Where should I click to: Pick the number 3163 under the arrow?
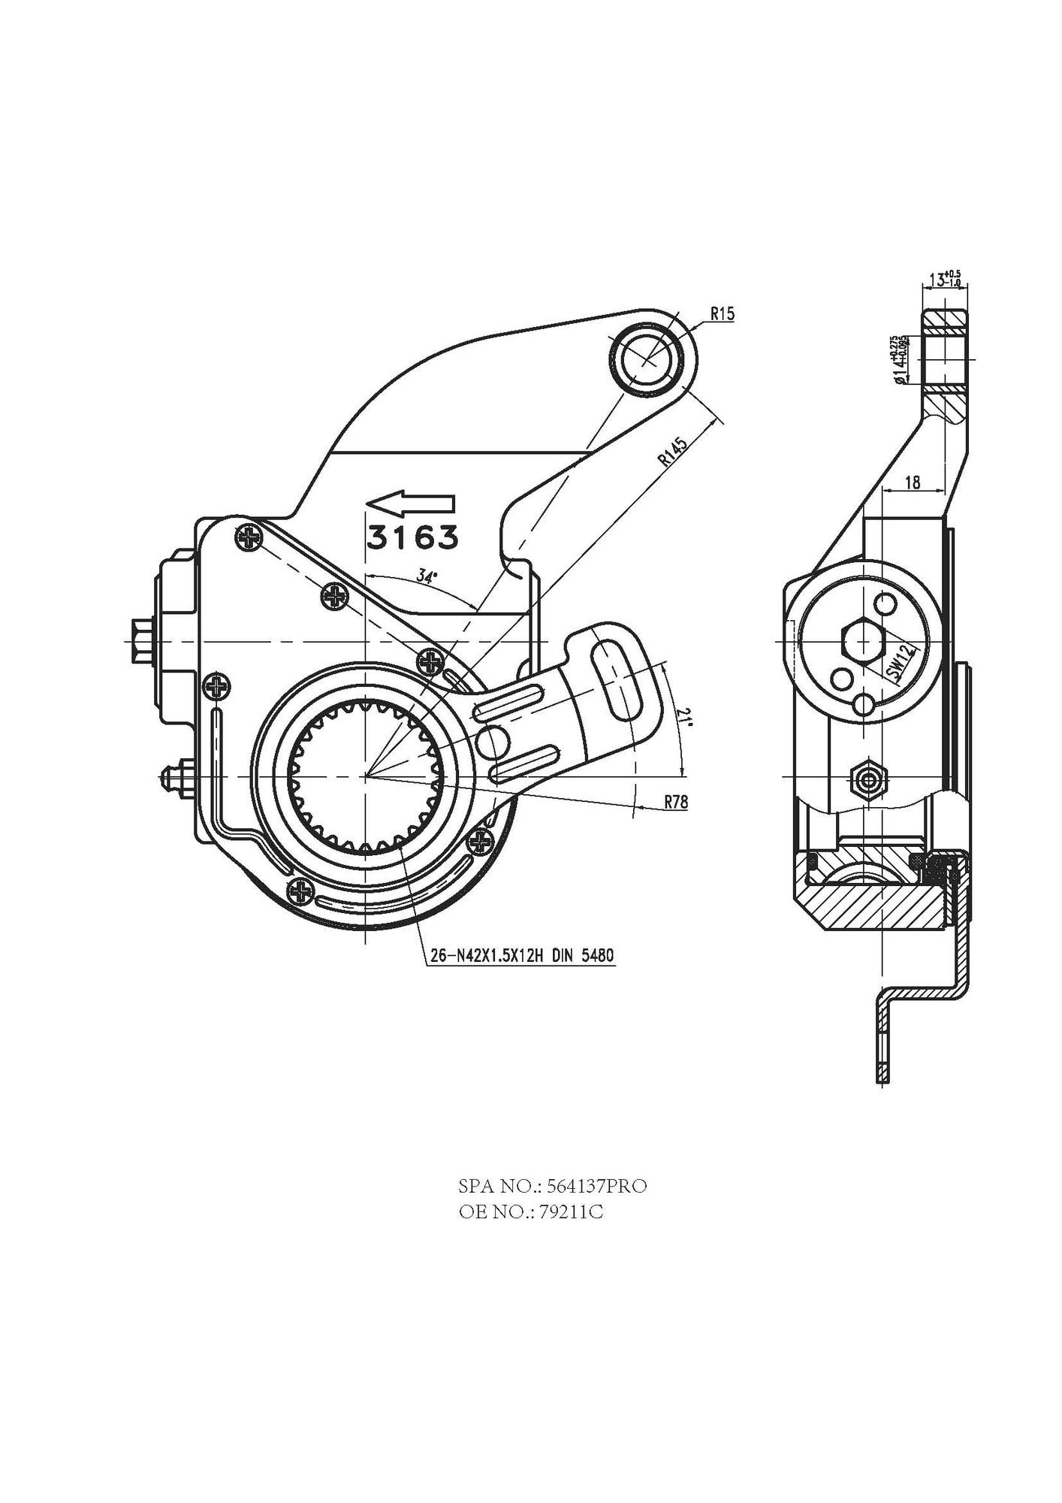(x=412, y=537)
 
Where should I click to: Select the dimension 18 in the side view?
(x=912, y=482)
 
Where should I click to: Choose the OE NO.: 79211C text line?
(x=531, y=1212)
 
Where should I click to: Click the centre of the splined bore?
(x=365, y=775)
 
